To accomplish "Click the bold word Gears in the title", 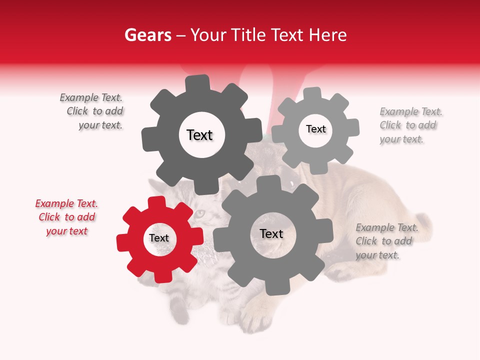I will click(147, 35).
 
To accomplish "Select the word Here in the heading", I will click(328, 35).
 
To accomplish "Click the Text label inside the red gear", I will click(159, 238).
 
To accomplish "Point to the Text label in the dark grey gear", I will click(199, 135).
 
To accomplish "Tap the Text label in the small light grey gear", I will click(316, 129).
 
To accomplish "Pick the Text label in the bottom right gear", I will click(271, 233).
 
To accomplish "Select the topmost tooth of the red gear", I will click(157, 202).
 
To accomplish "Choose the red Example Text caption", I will click(66, 217).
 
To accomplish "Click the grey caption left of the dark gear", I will click(91, 111).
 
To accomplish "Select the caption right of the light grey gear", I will click(410, 125).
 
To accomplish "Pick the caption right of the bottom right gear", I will click(386, 241).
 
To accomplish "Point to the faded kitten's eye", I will click(199, 214).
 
